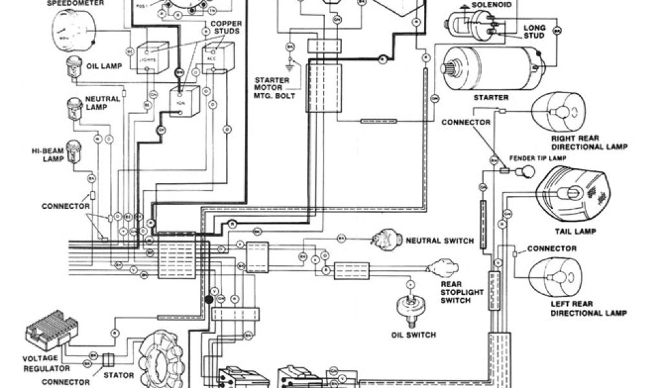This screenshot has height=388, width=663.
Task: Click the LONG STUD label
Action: click(534, 32)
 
